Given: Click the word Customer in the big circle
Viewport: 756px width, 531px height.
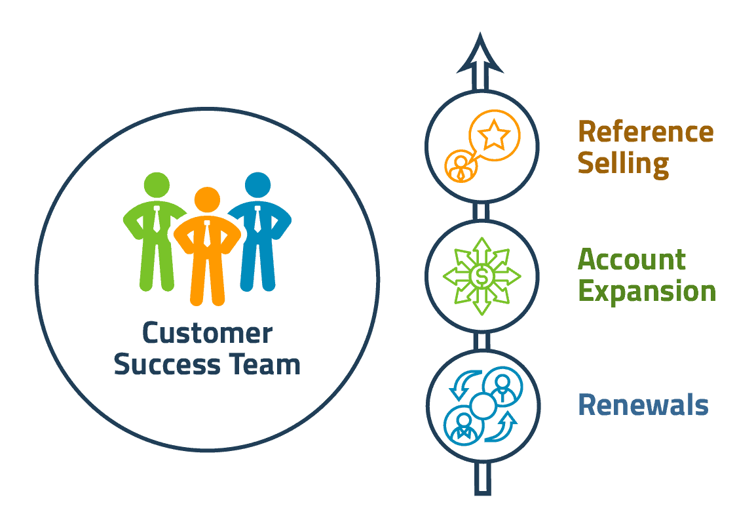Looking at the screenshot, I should click(x=207, y=334).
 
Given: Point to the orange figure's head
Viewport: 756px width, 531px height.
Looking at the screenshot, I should click(x=207, y=200).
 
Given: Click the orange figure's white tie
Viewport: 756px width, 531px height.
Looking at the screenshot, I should click(x=207, y=233).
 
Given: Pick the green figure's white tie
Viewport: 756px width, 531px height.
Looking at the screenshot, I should click(x=157, y=219).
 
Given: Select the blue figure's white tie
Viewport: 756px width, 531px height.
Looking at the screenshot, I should click(x=257, y=219).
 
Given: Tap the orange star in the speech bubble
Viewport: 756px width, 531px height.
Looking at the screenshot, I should click(x=493, y=136).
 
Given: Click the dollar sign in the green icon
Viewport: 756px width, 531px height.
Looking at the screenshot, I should click(x=482, y=276).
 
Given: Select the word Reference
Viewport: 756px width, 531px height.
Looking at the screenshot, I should click(x=645, y=132).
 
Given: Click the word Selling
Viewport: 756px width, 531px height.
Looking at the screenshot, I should click(x=623, y=163).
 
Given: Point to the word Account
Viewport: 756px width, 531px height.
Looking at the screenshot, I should click(x=632, y=260).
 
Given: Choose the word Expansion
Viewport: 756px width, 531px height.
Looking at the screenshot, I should click(x=647, y=290).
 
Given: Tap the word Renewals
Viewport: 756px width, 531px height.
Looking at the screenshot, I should click(x=643, y=405).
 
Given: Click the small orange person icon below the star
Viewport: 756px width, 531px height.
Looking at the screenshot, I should click(x=463, y=166).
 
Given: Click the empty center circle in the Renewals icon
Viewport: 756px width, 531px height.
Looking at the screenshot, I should click(x=482, y=406).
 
